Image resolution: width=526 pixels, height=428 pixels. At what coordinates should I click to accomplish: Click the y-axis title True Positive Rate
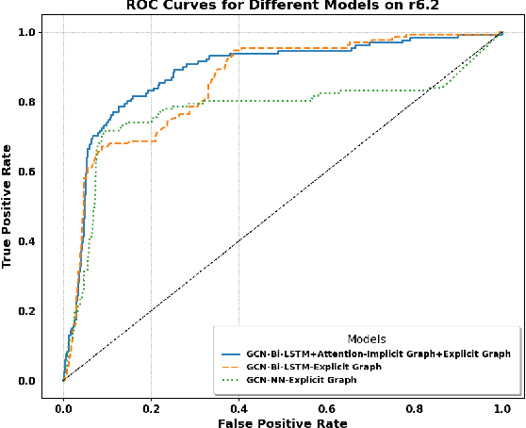(x=8, y=206)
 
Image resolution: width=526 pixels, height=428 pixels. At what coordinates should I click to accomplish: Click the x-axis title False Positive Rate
(x=282, y=421)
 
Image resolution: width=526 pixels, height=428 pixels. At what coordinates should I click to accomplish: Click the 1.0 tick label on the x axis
(x=501, y=406)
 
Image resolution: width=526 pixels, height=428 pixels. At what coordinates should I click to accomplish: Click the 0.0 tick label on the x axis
(x=63, y=406)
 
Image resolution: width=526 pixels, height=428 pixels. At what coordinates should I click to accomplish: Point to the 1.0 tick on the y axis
(x=38, y=33)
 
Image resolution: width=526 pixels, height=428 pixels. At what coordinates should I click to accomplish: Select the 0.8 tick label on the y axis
(x=38, y=103)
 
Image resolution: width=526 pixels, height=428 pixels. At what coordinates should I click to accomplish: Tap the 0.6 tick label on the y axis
(x=38, y=173)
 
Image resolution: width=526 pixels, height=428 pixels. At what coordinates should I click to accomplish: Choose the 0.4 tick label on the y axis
(x=38, y=241)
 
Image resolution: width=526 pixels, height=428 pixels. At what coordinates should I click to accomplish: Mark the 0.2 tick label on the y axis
(x=38, y=311)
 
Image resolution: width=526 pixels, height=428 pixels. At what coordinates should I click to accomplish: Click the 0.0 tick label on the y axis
(x=38, y=381)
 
